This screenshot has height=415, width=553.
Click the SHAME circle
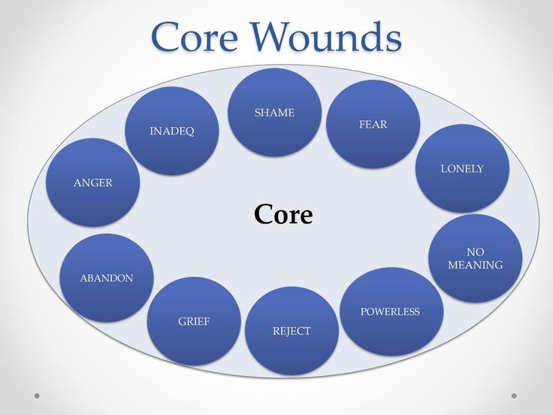tap(274, 113)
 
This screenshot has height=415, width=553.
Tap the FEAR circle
tap(373, 124)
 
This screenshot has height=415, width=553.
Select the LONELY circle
tap(462, 168)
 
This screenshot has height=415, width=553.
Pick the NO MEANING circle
tap(475, 258)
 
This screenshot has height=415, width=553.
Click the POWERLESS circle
tap(391, 311)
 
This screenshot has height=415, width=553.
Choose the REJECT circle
tap(292, 331)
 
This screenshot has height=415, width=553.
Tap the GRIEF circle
tap(194, 321)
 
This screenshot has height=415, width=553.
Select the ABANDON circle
tap(107, 278)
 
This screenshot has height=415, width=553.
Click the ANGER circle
tap(92, 182)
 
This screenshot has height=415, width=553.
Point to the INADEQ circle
tap(171, 131)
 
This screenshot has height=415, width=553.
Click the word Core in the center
tap(283, 215)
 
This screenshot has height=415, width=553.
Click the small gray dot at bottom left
tap(37, 395)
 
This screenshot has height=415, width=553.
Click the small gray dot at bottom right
tap(514, 395)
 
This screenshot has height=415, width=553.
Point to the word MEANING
tap(475, 265)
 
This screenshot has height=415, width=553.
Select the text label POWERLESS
tap(390, 311)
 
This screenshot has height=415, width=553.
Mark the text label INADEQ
tap(171, 131)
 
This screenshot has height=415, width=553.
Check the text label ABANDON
tap(107, 278)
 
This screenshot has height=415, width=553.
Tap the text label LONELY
tap(462, 168)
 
